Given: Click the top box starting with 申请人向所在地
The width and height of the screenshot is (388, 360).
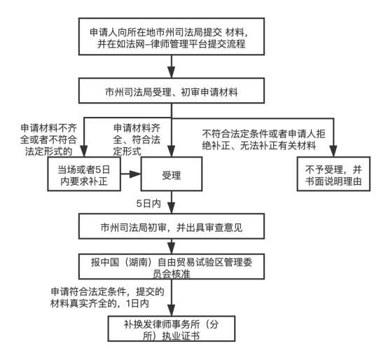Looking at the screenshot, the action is point(172,36).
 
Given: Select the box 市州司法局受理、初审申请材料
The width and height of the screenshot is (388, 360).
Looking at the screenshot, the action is point(172,90).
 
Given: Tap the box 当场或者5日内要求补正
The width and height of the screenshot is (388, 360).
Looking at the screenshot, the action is point(84,174).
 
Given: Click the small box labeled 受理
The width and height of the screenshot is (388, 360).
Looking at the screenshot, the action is point(172,174).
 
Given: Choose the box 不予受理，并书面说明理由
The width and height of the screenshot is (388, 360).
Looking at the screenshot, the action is point(333,174).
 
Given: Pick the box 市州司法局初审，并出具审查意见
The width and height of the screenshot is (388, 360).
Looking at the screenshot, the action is point(172,226).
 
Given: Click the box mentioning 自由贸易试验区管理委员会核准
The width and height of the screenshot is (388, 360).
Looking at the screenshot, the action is point(172,266).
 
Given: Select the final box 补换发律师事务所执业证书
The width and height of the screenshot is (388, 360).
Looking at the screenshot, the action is point(172,328).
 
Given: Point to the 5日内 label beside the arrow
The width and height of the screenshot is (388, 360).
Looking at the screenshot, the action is point(148,204).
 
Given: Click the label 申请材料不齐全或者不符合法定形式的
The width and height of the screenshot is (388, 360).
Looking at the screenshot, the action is point(48,139).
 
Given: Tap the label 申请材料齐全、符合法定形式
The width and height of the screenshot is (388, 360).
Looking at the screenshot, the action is point(137,139).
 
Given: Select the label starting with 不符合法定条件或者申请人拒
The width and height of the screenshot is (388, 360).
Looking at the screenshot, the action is point(263,139).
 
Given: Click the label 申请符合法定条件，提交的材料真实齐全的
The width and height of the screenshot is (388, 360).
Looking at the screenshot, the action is point(107,298).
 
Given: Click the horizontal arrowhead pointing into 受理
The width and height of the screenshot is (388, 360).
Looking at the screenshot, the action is point(135,174).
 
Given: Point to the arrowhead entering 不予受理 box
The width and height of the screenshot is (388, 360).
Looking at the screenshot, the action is point(333,151).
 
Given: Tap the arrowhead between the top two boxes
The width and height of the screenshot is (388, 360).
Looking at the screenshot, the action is point(172,72).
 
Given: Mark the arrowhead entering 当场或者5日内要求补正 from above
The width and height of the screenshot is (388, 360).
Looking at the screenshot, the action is point(84,151).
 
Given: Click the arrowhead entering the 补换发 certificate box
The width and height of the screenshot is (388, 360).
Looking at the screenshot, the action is point(172,310).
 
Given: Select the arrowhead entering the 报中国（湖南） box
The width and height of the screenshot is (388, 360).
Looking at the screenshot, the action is point(172,248).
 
